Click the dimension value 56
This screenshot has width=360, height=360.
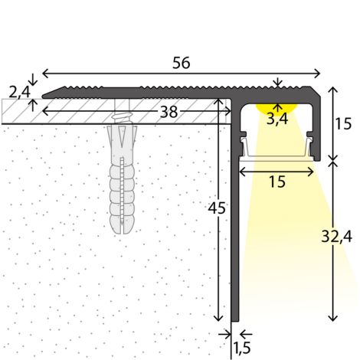pos(182,63)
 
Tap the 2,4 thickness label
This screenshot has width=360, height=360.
pos(19,92)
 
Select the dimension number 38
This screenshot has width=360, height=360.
pos(169,112)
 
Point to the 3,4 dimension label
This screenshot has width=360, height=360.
pos(277,119)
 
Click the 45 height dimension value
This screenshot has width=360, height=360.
pos(217,208)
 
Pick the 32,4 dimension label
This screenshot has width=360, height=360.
pos(336,237)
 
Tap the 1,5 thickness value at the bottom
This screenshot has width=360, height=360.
pos(242,348)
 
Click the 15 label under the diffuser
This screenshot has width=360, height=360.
pos(277,182)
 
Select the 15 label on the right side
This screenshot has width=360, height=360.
pos(343,124)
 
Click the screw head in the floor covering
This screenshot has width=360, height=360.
pos(122,117)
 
